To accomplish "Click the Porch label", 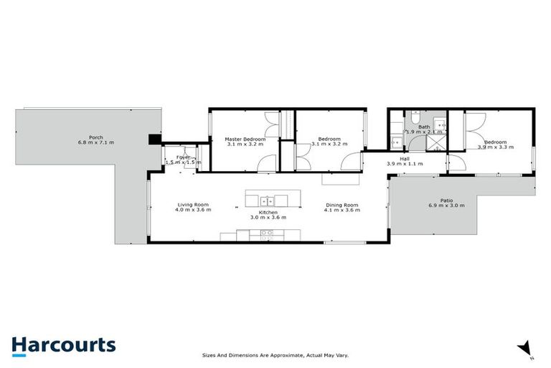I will coord(95,137).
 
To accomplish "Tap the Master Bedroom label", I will coord(245,139).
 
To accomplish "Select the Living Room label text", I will coord(194,205).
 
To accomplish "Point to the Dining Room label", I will coord(341,205).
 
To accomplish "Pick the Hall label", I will coord(405,158).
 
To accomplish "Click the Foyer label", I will coord(184,157).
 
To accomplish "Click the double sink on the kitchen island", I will coord(268,199).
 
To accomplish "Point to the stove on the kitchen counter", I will coord(266,234).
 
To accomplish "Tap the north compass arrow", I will coord(526,347).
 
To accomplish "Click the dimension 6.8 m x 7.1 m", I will coord(95,142).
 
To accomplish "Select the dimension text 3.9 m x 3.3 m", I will coord(495,147).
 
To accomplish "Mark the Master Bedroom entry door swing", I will coord(265,163).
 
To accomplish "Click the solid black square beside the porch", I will coord(154,140).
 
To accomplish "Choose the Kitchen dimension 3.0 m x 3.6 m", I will coord(268,217).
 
